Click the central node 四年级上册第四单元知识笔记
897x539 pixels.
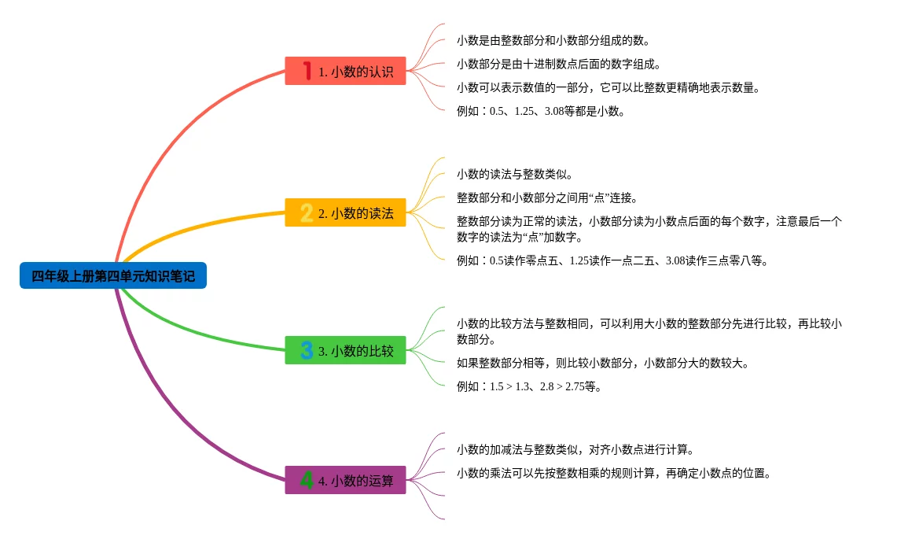[113, 276]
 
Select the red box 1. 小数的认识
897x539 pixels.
[345, 72]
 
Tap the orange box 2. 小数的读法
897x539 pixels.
[345, 212]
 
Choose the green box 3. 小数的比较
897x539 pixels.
[345, 351]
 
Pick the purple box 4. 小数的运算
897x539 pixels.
[345, 480]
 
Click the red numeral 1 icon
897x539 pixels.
[307, 71]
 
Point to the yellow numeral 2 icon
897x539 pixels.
[307, 212]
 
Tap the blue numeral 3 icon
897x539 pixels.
[307, 350]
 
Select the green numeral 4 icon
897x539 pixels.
[307, 479]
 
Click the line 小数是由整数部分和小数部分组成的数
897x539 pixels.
[553, 40]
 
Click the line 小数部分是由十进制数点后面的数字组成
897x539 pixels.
[559, 64]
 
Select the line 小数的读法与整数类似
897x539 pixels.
[515, 174]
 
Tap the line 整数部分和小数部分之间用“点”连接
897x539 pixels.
[547, 198]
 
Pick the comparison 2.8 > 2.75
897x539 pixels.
[562, 386]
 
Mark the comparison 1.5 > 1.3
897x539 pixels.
[510, 386]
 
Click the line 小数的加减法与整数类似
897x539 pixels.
[575, 449]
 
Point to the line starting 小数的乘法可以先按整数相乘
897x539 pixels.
[613, 473]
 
